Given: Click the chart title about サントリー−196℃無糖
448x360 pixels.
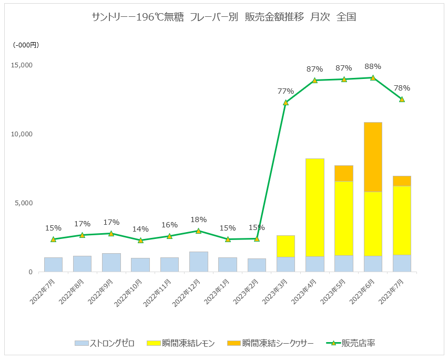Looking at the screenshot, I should pos(224,17).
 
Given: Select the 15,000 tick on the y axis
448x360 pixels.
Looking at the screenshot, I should pos(22,65).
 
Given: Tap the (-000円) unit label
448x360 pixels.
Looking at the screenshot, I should pos(26,45).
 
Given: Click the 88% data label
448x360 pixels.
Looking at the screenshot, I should pos(373,66).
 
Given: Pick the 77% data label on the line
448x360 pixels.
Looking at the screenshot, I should pos(286,91).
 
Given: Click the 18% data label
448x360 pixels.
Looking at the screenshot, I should pos(198,219).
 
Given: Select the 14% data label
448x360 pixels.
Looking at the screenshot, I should pos(140,229).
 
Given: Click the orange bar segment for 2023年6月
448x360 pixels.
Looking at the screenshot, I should pos(373,157).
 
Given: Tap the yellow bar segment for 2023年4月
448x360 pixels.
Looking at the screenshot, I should pos(314,207).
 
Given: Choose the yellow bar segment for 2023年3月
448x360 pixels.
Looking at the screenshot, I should pos(286,246).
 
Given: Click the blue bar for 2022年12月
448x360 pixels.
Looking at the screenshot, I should pos(198,262).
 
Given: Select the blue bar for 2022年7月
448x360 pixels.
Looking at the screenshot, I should pos(53,265).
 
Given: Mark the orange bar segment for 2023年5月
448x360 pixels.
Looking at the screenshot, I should pos(344,173).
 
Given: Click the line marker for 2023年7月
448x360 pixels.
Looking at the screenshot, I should pos(402,99).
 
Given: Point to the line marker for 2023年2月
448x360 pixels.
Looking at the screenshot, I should pos(257,238).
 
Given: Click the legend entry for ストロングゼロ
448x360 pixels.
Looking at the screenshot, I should pos(105,343).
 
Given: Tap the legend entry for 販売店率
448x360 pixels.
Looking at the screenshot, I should pos(351,343).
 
